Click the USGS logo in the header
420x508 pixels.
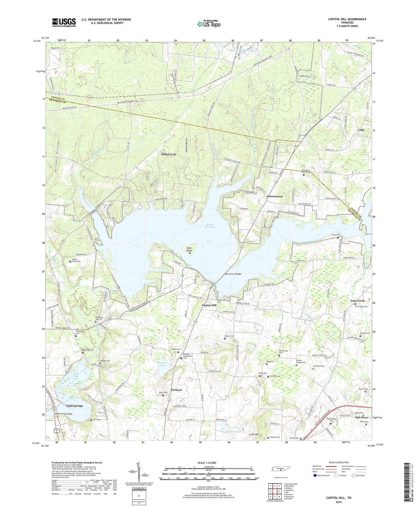pyautogui.click(x=64, y=22)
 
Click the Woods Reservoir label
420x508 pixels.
pyautogui.click(x=210, y=226)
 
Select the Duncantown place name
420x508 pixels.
pyautogui.click(x=275, y=196)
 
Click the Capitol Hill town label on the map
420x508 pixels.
pyautogui.click(x=209, y=305)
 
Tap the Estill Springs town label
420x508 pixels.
pyautogui.click(x=74, y=405)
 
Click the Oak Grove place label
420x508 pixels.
pyautogui.click(x=361, y=417)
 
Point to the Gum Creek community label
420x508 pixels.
pyautogui.click(x=357, y=301)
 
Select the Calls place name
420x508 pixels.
pyautogui.click(x=361, y=130)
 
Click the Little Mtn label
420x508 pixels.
pyautogui.click(x=255, y=434)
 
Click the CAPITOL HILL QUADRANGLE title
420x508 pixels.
pyautogui.click(x=347, y=19)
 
